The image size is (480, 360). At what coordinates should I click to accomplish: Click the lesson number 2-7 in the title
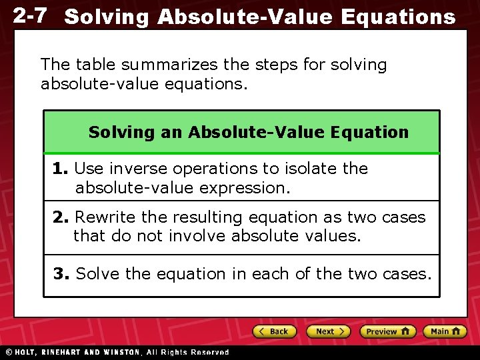coord(31,15)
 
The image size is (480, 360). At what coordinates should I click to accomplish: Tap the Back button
coord(273,331)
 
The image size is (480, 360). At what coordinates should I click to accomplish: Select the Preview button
coord(387,331)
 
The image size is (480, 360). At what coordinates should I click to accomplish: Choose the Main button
coord(445,331)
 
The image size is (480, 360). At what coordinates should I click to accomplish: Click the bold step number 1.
coord(61,169)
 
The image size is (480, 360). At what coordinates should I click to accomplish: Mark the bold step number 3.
coord(63,274)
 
